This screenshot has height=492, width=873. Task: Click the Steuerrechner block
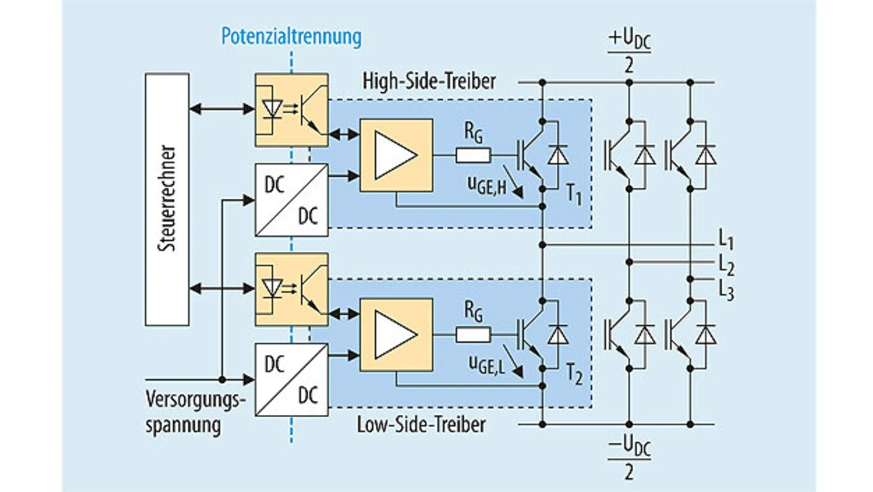[x=167, y=199]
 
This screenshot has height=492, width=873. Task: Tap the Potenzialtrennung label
[x=291, y=35]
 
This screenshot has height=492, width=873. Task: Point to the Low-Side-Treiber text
[x=421, y=424]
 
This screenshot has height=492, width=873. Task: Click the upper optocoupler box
[x=291, y=110]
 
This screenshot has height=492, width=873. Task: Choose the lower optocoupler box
[x=291, y=289]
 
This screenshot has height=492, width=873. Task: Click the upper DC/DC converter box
[x=291, y=200]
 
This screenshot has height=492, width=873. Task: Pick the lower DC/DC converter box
[x=291, y=379]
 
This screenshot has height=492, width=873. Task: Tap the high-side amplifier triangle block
[x=396, y=155]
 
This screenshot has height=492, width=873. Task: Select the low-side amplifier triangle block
[x=396, y=334]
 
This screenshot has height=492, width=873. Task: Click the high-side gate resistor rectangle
[x=473, y=156]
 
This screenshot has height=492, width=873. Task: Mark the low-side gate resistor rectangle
[x=473, y=334]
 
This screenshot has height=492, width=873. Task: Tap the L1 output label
[x=726, y=242]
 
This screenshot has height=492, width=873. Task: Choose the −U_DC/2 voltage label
[x=628, y=458]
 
